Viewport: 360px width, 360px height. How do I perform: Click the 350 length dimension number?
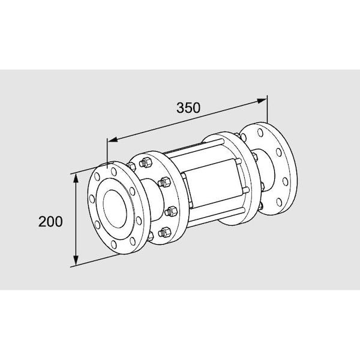point(188,108)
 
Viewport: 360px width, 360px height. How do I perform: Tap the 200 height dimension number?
point(50,221)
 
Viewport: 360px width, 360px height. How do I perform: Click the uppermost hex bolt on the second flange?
point(145,162)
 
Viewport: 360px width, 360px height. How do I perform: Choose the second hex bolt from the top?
point(163,181)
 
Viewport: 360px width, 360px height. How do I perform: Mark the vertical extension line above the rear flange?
point(267,111)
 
